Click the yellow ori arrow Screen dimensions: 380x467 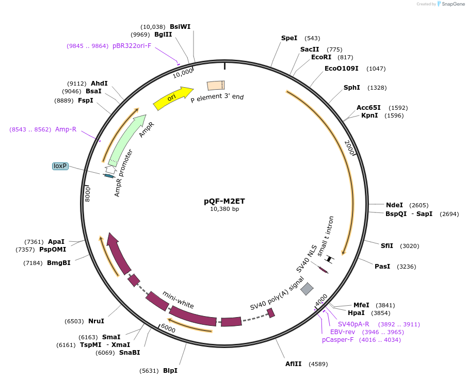[x=172, y=97]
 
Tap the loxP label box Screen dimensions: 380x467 [x=60, y=166]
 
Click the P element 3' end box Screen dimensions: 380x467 [x=215, y=86]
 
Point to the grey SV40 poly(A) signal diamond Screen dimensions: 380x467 [x=307, y=289]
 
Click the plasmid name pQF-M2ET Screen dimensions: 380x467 [x=224, y=201]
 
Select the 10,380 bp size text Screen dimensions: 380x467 [x=224, y=209]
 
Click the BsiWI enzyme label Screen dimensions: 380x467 [x=180, y=26]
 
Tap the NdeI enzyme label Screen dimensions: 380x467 [x=395, y=205]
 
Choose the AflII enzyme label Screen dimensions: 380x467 [x=294, y=364]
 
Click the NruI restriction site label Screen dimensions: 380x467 [x=96, y=321]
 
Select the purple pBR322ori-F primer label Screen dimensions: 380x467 [x=132, y=46]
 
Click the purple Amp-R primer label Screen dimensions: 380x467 [x=66, y=129]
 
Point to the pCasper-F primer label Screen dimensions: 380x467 [x=337, y=340]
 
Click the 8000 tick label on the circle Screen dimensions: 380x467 [x=88, y=194]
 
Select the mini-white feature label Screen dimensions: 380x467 [x=178, y=300]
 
